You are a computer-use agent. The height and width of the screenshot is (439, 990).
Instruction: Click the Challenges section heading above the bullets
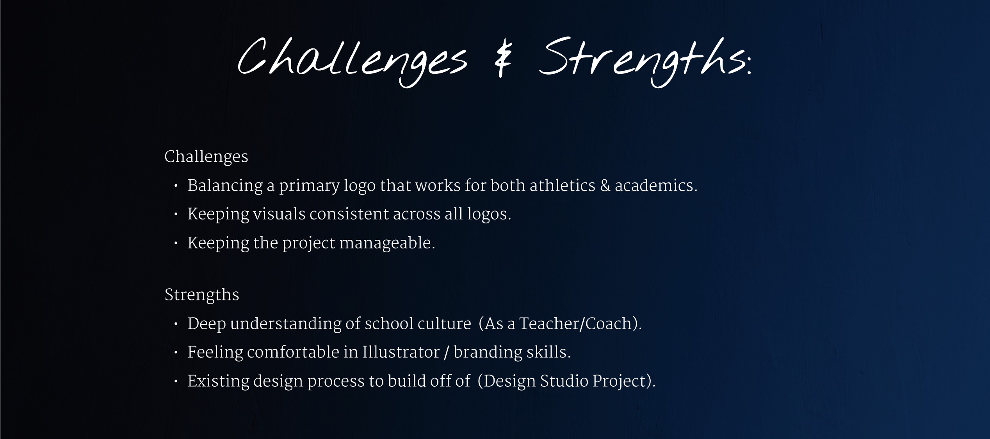point(206,157)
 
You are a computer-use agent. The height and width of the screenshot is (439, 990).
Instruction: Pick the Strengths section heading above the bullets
point(201,295)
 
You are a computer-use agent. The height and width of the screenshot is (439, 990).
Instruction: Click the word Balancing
point(225,186)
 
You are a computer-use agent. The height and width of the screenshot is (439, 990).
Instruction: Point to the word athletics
point(562,186)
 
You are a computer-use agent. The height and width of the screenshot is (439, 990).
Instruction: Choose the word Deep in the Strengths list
point(207,324)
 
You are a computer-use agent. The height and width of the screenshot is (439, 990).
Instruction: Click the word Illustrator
point(401,353)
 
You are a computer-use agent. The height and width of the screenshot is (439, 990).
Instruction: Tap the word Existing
point(218,382)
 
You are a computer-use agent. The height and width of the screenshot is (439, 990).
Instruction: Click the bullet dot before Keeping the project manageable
point(176,243)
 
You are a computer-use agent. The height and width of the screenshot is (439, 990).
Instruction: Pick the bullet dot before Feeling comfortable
point(176,353)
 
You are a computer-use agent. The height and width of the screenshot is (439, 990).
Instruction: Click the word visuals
point(279,214)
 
